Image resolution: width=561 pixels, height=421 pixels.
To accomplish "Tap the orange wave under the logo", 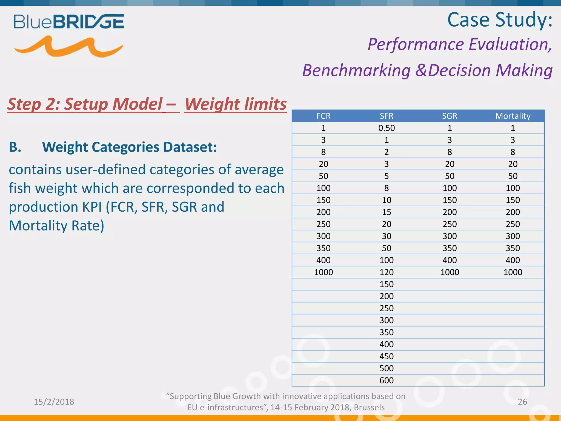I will click(x=68, y=47).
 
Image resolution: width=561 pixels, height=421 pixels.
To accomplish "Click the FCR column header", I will click(x=324, y=116).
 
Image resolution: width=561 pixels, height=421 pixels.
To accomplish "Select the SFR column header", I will click(x=387, y=116).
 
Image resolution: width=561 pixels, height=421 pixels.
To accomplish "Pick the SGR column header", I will click(x=450, y=116).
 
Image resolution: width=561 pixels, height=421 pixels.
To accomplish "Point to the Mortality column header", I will click(x=513, y=116).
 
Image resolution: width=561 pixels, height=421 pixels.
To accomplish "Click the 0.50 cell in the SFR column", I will click(x=387, y=128).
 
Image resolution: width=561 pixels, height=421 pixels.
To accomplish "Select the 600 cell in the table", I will click(x=387, y=380).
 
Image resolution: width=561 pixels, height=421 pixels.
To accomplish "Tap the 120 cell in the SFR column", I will click(x=387, y=272).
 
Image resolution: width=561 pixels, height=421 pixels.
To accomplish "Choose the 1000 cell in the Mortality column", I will click(x=513, y=272).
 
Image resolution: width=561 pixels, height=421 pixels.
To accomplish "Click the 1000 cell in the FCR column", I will click(x=324, y=272).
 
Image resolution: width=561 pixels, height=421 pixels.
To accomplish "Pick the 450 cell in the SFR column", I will click(x=387, y=356).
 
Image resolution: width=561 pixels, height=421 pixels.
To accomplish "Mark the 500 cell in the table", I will click(x=387, y=368).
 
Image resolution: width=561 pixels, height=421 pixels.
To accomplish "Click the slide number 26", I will click(x=522, y=402).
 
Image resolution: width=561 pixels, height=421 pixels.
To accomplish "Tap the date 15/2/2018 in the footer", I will click(x=54, y=402).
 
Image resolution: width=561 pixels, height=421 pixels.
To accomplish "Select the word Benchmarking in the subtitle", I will click(x=356, y=70).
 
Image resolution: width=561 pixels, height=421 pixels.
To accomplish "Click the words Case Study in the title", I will click(x=500, y=20).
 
